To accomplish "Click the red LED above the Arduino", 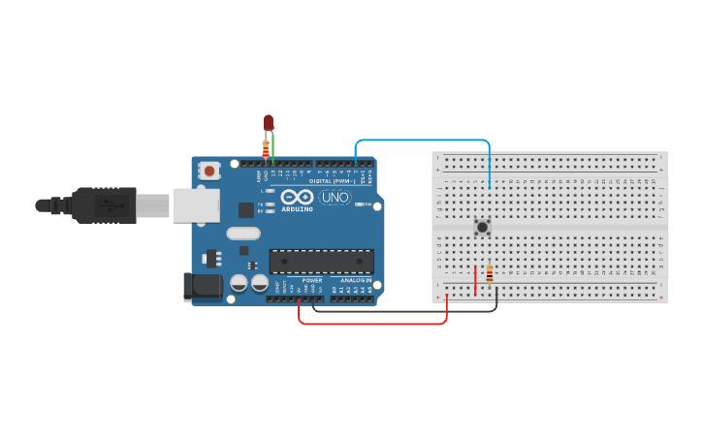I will [x=269, y=123].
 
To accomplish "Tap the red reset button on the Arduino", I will [x=209, y=171].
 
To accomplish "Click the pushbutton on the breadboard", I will [x=482, y=228].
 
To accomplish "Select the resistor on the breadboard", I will [x=490, y=275].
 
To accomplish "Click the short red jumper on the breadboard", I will [x=475, y=279].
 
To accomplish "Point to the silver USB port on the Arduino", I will [x=195, y=205].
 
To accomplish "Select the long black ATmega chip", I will [x=321, y=262].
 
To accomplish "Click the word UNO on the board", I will [x=335, y=197].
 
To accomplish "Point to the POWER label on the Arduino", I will [x=311, y=280].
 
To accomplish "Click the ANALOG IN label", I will [x=357, y=280].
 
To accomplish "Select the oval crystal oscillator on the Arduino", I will [x=244, y=233].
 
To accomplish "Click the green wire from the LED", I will [x=273, y=147].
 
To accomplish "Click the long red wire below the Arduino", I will [x=373, y=323].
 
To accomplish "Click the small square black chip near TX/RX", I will [x=246, y=208].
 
